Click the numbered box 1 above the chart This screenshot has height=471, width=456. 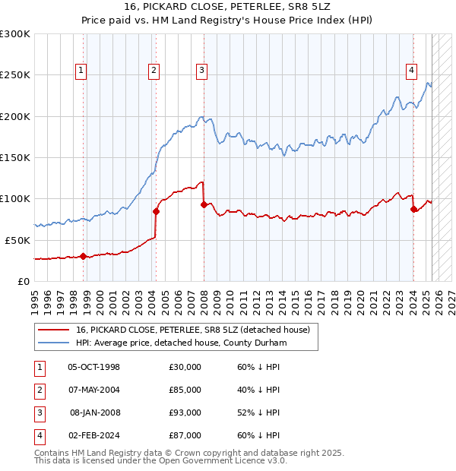pos(81,71)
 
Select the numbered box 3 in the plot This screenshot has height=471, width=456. pos(202,71)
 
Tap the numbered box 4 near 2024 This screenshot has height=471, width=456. pos(411,71)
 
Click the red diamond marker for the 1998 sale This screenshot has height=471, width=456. pos(83,256)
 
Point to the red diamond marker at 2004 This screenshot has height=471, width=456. pos(156,211)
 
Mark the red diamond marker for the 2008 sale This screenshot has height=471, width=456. pos(204,204)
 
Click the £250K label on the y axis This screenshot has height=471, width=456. pos(15,75)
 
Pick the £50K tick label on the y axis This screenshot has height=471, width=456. pos(18,240)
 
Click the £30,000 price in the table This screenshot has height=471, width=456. pos(185,367)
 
